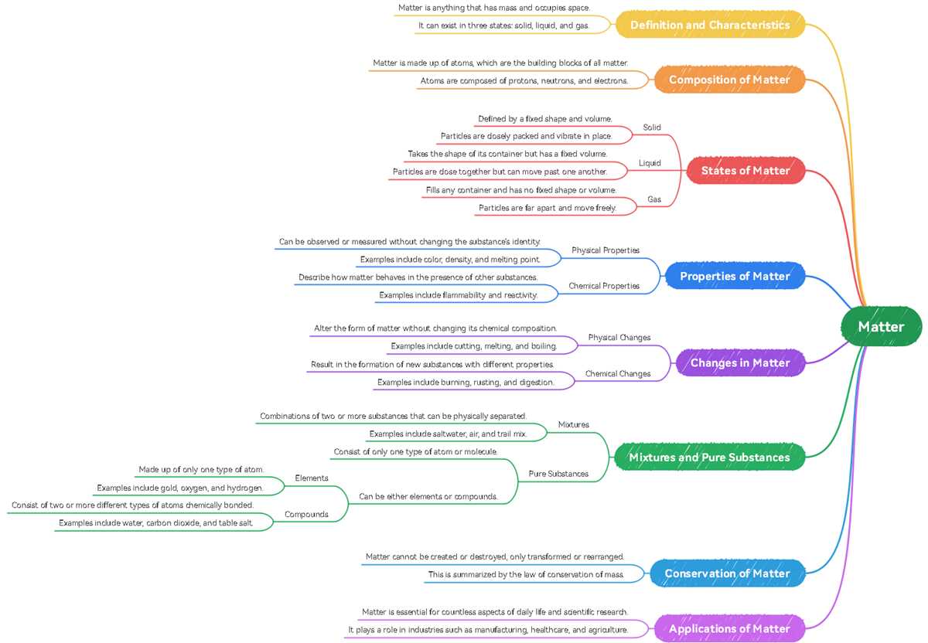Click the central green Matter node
[881, 326]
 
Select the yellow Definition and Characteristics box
[710, 25]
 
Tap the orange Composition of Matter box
[729, 80]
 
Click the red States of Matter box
[745, 170]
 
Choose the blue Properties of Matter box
[735, 276]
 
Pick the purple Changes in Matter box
[740, 362]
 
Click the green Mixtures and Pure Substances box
[710, 457]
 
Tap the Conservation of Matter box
[728, 573]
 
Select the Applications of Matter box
[729, 628]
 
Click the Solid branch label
[652, 127]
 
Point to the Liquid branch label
[650, 163]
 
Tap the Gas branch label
[654, 199]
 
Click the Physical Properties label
[606, 250]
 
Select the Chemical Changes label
[618, 373]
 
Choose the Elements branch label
[312, 478]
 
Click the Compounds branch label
[306, 514]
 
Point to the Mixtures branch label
[573, 424]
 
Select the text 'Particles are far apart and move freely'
[548, 208]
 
